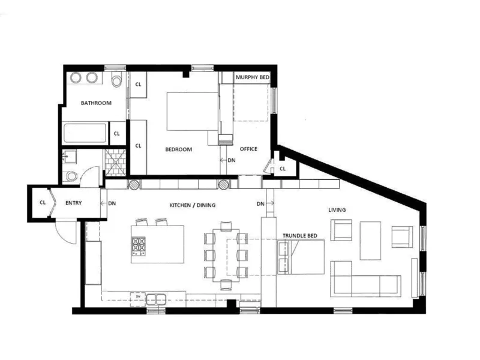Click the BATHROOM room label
click(96, 103)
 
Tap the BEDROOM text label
click(179, 149)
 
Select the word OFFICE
click(248, 149)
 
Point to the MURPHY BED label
click(252, 78)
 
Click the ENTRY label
click(73, 203)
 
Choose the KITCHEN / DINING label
click(193, 205)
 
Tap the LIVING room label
click(337, 210)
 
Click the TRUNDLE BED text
click(300, 236)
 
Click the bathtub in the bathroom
click(85, 133)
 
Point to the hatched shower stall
click(113, 158)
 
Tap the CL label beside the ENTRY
click(43, 203)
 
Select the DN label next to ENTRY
click(112, 204)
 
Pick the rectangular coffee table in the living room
click(370, 240)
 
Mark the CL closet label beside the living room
click(282, 169)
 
